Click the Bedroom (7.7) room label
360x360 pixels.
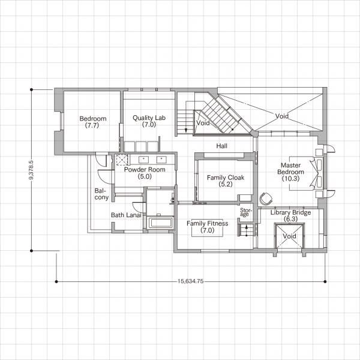[93, 122]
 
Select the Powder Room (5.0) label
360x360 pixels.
[145, 173]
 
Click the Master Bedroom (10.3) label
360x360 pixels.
[290, 172]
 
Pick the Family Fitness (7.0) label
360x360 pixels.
[208, 227]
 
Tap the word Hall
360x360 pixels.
[222, 146]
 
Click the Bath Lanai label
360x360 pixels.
[126, 215]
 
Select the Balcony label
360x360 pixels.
[101, 194]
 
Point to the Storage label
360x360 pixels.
[246, 212]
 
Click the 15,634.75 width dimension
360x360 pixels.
[191, 281]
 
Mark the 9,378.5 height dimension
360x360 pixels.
[31, 170]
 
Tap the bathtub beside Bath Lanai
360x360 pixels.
[160, 223]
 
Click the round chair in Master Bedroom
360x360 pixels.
[266, 198]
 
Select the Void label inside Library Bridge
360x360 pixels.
[289, 236]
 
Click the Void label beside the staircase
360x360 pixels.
[203, 123]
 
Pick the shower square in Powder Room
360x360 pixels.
[121, 160]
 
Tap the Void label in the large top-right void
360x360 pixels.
[282, 116]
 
